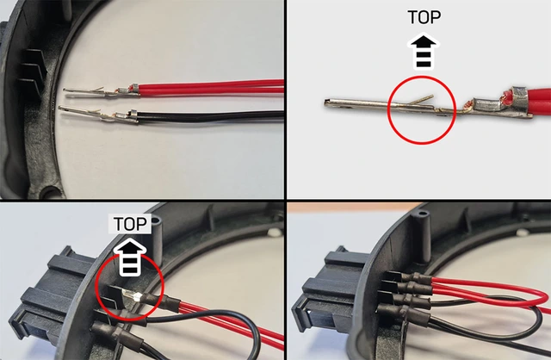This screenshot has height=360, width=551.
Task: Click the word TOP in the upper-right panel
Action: (x=424, y=16)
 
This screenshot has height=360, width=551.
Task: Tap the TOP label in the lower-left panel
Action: (x=130, y=224)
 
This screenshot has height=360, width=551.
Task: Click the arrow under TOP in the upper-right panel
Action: (x=424, y=51)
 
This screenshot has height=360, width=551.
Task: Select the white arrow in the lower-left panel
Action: (x=130, y=257)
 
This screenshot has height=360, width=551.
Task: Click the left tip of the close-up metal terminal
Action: (x=330, y=104)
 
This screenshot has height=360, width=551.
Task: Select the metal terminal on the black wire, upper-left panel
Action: (x=95, y=112)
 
